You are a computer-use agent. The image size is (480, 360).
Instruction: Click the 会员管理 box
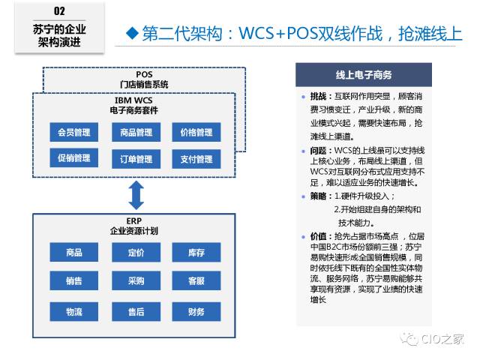tap(74, 133)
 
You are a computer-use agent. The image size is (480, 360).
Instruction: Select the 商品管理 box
tap(136, 133)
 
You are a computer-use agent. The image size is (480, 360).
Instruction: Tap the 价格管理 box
tap(196, 133)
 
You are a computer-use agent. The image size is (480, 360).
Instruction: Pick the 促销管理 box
tap(74, 158)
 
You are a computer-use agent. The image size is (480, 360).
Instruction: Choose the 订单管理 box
tap(136, 158)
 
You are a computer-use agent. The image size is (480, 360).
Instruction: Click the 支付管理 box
tap(196, 158)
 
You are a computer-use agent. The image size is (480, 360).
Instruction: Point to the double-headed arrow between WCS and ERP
tap(136, 194)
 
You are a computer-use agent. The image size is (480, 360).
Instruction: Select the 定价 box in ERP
tap(136, 253)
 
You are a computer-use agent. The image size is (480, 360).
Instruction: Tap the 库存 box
tap(196, 253)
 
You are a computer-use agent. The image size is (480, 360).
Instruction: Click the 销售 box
tap(74, 281)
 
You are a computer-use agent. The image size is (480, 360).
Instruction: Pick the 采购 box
tap(136, 281)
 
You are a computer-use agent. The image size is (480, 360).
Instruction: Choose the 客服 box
tap(196, 281)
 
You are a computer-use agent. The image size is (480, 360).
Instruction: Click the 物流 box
tap(74, 311)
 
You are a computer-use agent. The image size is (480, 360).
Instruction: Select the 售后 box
tap(136, 311)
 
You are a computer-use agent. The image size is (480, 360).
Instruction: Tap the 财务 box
tap(196, 311)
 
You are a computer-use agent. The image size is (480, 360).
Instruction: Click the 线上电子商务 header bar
tap(364, 75)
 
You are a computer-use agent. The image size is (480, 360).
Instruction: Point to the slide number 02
tap(61, 11)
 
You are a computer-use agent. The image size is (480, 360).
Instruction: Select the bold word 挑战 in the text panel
tap(319, 97)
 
